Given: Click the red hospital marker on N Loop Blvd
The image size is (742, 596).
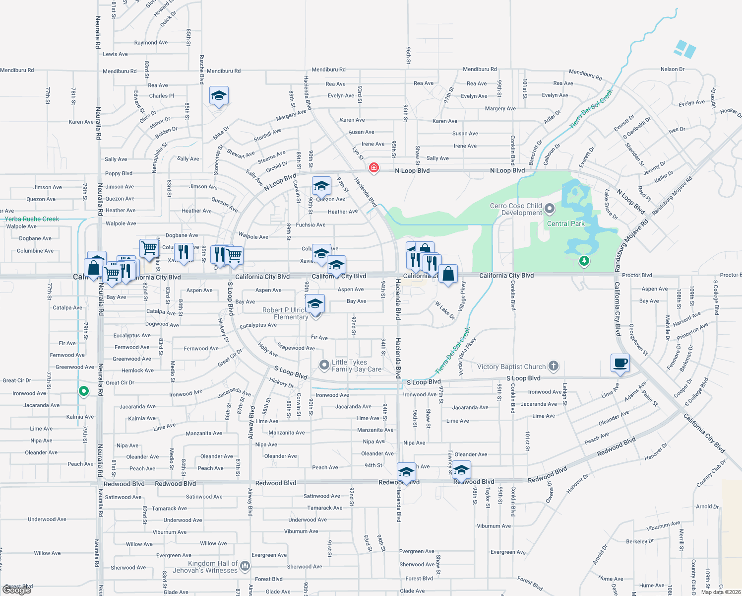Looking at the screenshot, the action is tap(374, 168).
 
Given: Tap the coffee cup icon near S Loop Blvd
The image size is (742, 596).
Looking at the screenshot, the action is tap(620, 363).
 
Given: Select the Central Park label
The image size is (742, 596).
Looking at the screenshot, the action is tap(565, 224).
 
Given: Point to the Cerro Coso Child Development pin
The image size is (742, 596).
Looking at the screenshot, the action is tap(549, 208).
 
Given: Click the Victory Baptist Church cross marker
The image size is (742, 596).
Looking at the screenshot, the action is tap(554, 367).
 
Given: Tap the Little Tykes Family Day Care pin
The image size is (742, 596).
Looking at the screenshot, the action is tap(324, 366).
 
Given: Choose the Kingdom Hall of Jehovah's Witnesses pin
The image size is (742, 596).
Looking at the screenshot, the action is tap(245, 566).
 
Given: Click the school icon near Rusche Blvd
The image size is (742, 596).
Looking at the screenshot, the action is tap(219, 95).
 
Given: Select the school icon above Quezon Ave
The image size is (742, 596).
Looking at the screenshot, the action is tap(321, 186).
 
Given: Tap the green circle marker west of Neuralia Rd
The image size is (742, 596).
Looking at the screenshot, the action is tap(84, 391).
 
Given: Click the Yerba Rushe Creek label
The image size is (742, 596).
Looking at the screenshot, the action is tap(32, 219).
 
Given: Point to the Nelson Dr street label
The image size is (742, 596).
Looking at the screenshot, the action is tap(672, 70).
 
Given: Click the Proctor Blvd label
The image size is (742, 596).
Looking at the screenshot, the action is tap(637, 275).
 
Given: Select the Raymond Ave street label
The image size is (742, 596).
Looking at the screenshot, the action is tap(151, 43).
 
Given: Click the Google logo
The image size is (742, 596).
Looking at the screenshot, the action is tap(17, 590).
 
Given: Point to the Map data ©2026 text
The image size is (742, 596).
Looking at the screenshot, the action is tap(721, 592).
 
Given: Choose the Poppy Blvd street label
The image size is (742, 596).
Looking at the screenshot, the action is tap(119, 174).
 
